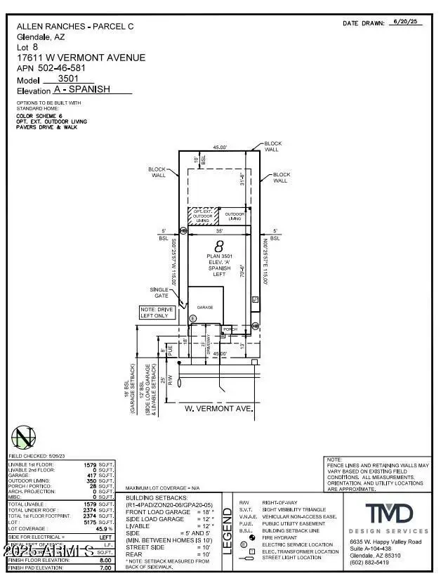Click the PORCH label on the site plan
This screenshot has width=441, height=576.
tap(230, 329)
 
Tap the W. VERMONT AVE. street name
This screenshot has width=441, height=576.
tap(218, 407)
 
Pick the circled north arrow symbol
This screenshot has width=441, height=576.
tap(25, 438)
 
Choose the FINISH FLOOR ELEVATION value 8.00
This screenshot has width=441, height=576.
tap(105, 561)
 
